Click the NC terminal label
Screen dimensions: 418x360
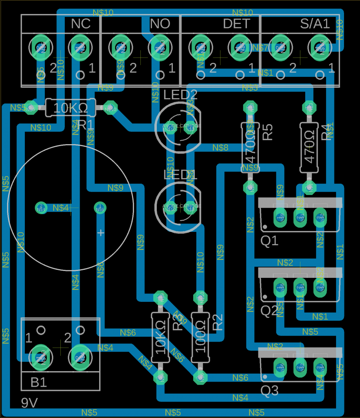coord(81,24)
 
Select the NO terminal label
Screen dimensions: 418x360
coord(160,24)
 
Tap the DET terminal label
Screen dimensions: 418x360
coord(236,24)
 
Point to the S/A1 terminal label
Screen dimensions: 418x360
coord(315,24)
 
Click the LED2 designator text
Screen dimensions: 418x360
coord(180,95)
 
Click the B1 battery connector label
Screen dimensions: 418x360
coord(39,382)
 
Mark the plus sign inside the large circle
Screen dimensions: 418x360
coord(101,233)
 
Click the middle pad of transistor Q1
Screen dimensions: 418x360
coord(300,218)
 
